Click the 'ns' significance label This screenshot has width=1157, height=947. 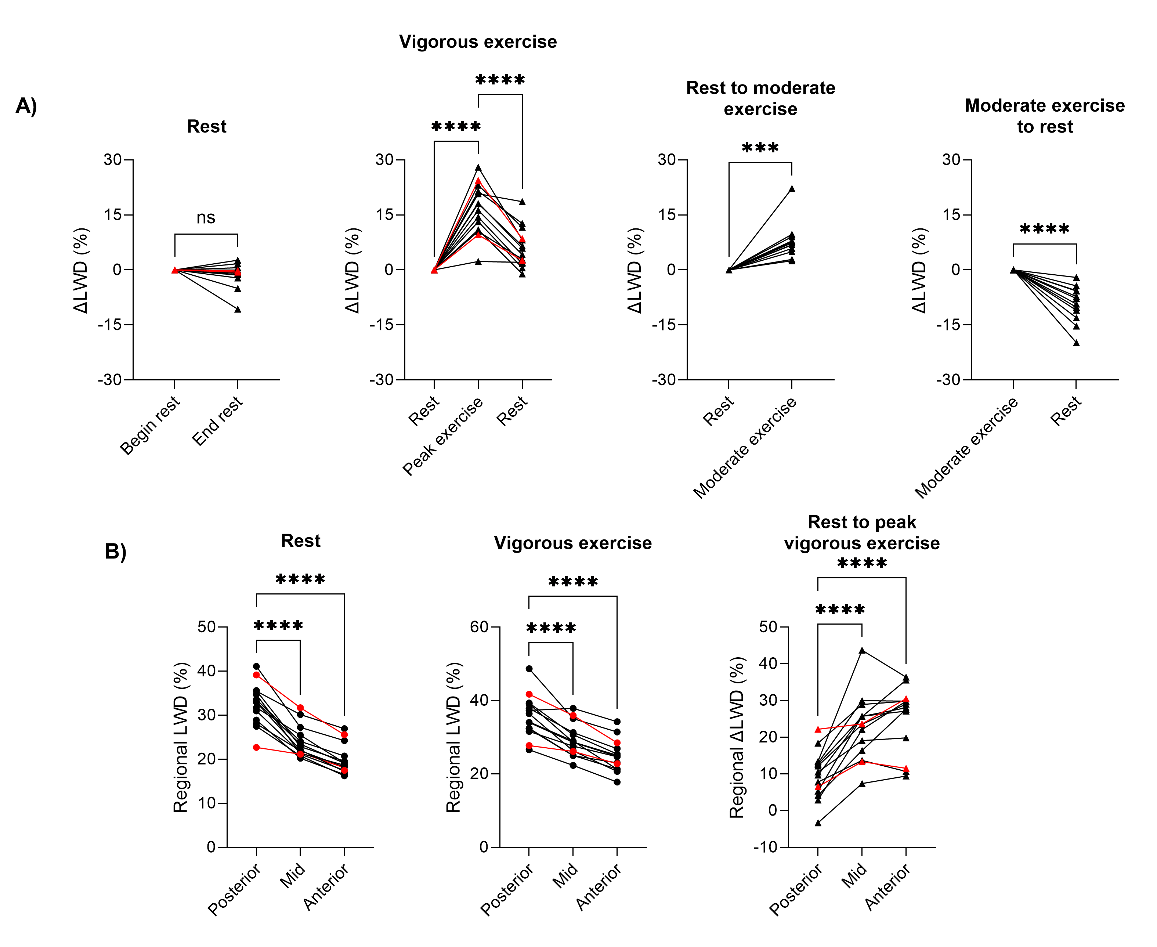coord(206,218)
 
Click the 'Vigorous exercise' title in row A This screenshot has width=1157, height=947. coord(478,42)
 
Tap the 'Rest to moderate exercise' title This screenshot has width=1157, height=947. coord(760,98)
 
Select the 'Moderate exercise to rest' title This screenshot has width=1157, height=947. coord(1045,116)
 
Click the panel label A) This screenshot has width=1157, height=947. coord(26,105)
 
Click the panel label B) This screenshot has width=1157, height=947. coord(116,552)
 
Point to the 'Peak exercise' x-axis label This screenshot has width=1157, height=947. coord(443,435)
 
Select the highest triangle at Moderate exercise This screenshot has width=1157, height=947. coord(792,189)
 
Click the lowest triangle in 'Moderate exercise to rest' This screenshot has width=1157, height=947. coord(1076,343)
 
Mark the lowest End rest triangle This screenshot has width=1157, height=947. coord(238,309)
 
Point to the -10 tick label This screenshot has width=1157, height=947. coord(765,847)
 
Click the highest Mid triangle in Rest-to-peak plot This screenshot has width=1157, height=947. coord(862,650)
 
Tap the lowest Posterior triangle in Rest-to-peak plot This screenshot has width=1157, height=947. coord(818,823)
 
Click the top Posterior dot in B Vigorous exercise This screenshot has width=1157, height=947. coord(529,669)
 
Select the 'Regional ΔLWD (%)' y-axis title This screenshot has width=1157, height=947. coord(737,738)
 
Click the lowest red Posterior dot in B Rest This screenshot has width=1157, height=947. coord(256,747)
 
